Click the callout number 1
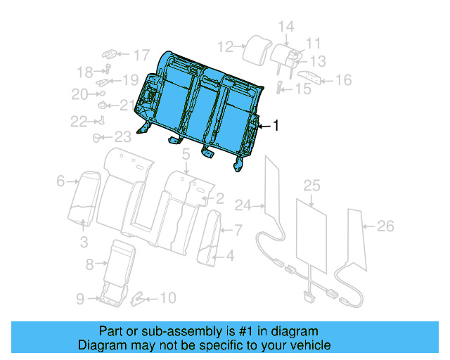276,126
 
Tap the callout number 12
225,47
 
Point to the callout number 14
285,27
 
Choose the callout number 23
122,137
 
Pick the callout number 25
311,186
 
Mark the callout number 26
385,226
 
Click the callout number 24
243,206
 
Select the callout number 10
167,298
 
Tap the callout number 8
89,264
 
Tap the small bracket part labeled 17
111,53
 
